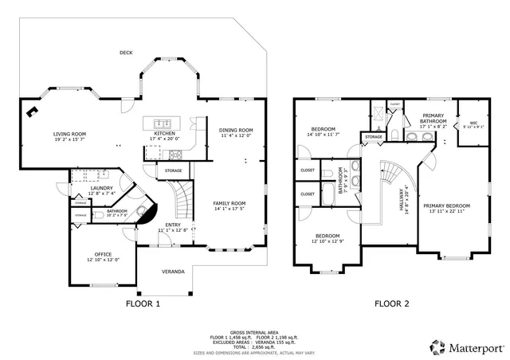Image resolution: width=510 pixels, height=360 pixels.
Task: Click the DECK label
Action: coord(125,53)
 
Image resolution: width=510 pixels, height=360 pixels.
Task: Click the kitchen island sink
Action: coord(164,123)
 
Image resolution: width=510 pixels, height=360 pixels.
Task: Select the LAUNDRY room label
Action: coord(102,190)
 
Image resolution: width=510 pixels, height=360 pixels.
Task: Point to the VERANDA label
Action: coord(173,272)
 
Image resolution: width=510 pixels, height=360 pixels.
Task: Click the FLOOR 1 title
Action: coord(143,303)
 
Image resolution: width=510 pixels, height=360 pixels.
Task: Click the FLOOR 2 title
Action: coord(391,303)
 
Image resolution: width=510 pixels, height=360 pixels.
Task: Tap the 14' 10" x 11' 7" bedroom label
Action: coord(323,131)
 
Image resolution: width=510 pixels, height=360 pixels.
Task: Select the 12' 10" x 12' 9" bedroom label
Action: coord(328,238)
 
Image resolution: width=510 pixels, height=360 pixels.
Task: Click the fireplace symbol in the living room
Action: coord(33,112)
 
